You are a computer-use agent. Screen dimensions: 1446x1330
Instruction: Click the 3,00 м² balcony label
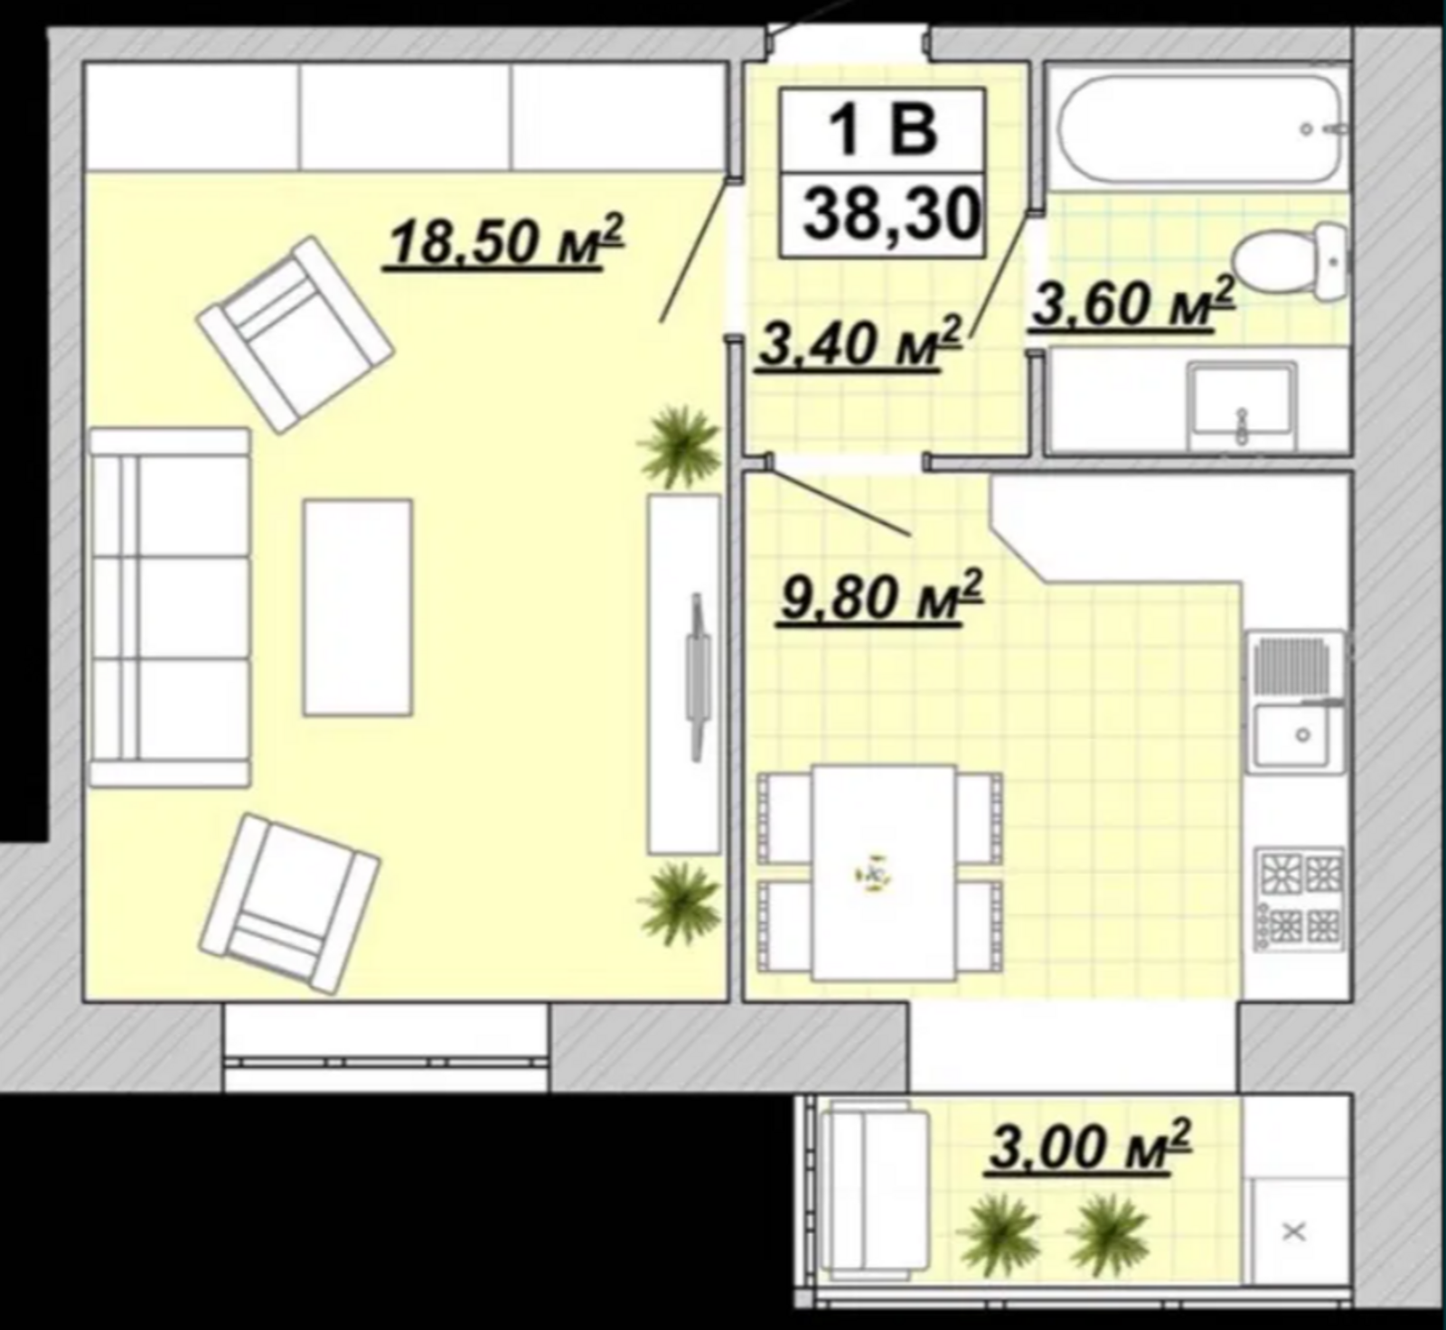coord(1090,1146)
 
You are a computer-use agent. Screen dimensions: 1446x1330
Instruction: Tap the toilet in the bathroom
coord(1292,263)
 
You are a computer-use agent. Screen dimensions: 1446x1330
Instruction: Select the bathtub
coord(1198,126)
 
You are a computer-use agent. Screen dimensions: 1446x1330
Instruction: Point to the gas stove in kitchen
coord(1299,898)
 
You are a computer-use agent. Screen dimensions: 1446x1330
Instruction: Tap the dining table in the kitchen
coord(883,873)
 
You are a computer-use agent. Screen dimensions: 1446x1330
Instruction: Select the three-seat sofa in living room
coord(169,608)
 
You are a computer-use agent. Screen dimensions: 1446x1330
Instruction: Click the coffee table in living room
coord(358,608)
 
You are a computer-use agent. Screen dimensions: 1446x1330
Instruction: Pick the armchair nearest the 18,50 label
coord(295,334)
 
